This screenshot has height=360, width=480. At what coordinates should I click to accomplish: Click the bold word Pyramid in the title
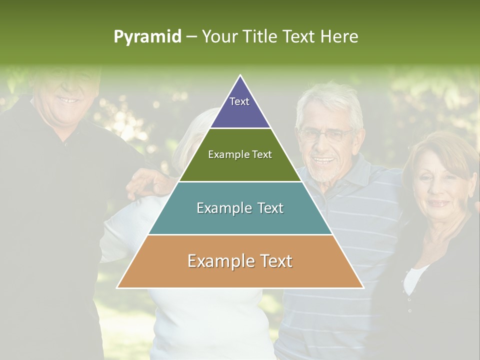click(147, 37)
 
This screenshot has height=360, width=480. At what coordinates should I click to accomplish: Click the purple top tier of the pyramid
click(240, 107)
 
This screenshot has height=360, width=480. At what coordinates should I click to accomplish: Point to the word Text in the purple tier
click(239, 101)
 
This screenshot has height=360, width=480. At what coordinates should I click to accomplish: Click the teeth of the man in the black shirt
click(68, 100)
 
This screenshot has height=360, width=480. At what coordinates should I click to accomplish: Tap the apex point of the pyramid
click(240, 75)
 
